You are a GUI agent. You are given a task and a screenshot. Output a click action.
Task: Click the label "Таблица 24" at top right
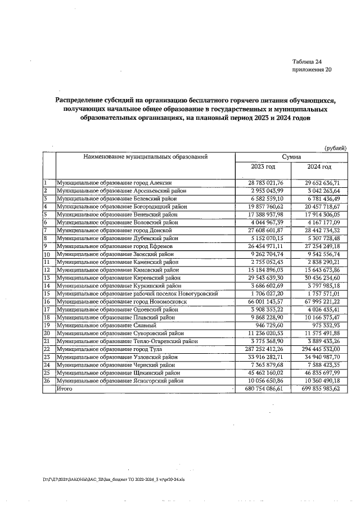[x=307, y=61]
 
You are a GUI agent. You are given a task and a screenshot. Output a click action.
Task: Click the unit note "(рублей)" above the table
[x=336, y=147]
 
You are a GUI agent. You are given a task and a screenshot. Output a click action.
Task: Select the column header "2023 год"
[x=263, y=167]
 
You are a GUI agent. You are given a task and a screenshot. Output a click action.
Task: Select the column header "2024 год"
[x=319, y=167]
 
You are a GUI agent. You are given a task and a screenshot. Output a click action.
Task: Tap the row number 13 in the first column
[x=47, y=278]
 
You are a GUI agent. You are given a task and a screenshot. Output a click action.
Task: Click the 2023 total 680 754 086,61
[x=265, y=389]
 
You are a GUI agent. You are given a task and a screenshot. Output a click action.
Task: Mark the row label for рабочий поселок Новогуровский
[x=137, y=294]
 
